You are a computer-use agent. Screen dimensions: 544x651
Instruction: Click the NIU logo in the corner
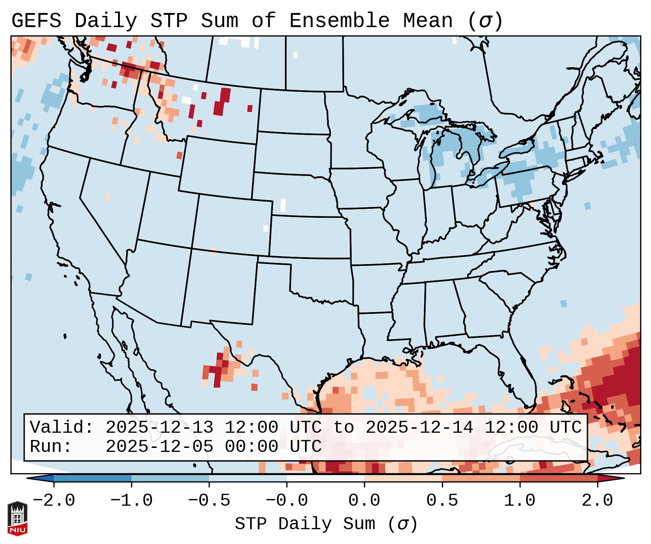coord(17,518)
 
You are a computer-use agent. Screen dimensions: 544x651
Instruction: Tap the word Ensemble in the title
coord(339,21)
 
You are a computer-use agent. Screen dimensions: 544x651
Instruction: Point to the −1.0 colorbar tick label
coord(131,501)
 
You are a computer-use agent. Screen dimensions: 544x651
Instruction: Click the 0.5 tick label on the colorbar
coord(442,501)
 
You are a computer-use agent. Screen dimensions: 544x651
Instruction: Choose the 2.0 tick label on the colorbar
coord(597,501)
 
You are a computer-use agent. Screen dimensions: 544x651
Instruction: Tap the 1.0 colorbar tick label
coord(520,501)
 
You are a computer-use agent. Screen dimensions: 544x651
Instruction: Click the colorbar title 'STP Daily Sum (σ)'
coord(326,524)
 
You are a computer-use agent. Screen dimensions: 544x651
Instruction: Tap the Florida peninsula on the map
coord(520,376)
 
